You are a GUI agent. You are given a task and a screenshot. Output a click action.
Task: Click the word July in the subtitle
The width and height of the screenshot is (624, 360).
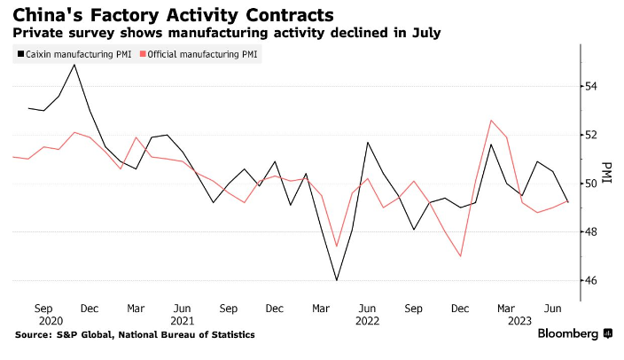click(x=424, y=33)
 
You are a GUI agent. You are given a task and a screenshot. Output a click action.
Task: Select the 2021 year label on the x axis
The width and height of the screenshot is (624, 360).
click(x=183, y=320)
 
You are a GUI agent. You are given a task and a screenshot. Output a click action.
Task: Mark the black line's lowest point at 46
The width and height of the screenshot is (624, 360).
click(x=337, y=280)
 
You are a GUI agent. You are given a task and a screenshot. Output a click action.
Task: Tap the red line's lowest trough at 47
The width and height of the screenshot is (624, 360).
click(x=461, y=256)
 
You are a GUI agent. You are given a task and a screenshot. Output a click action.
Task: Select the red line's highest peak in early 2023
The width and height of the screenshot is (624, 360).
click(x=491, y=120)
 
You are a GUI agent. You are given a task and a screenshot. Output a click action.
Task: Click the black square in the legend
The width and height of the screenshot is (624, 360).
click(x=20, y=55)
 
